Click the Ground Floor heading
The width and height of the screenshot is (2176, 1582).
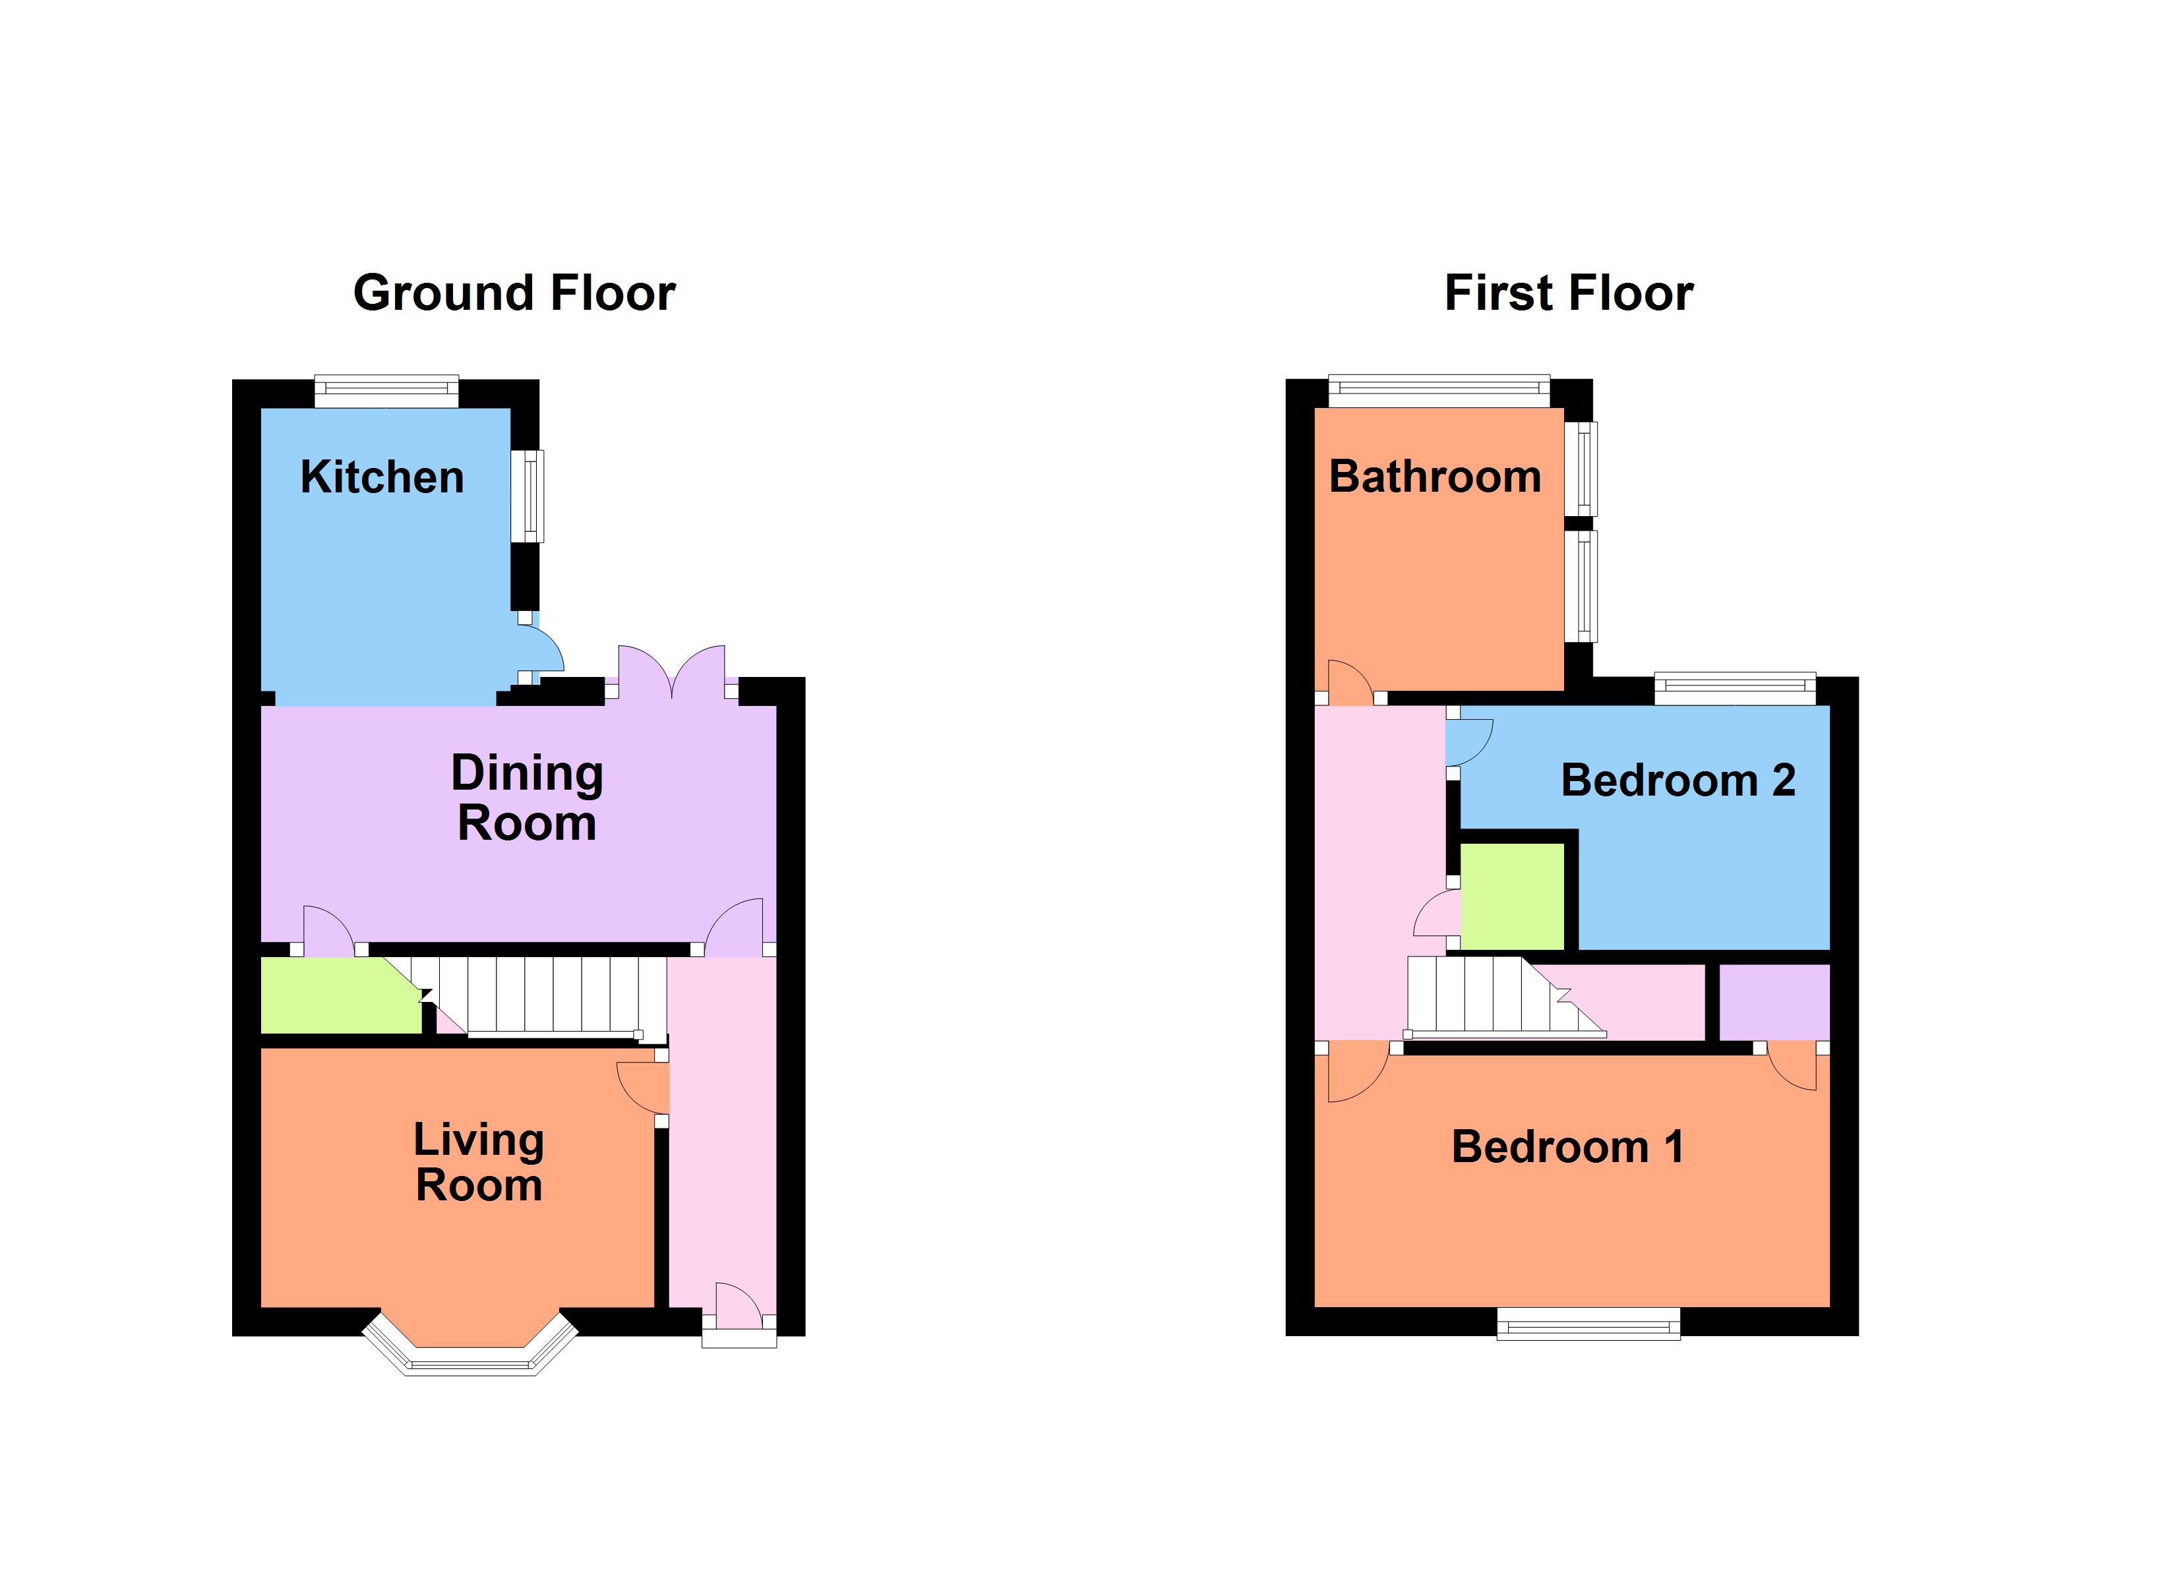(514, 293)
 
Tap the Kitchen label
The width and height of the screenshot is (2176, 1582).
(382, 477)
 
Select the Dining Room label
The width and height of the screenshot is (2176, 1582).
(527, 798)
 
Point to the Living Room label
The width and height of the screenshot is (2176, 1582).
(479, 1162)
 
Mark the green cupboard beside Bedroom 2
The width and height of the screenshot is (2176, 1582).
(1511, 896)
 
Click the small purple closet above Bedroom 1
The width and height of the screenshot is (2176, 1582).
(1773, 1001)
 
